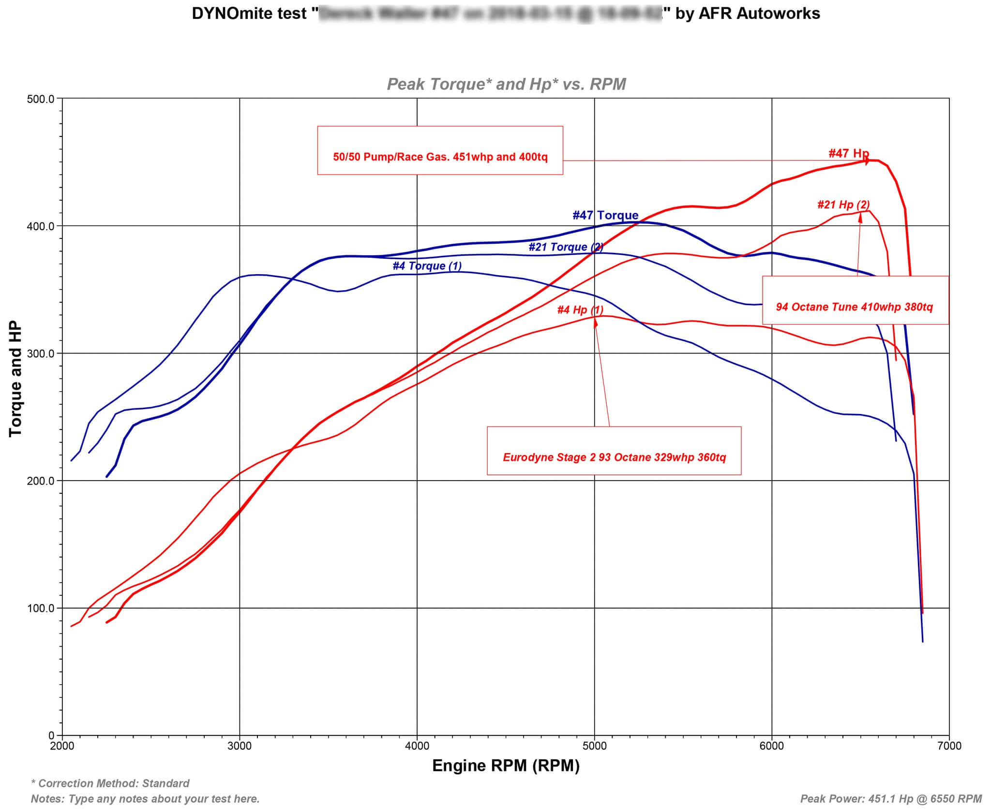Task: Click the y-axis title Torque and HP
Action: coord(15,379)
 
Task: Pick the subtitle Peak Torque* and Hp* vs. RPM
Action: coord(506,85)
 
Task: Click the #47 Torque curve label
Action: coord(605,215)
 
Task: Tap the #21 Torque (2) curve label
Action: coord(566,247)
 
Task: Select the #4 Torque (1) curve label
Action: coord(427,266)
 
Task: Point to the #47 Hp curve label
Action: coord(849,154)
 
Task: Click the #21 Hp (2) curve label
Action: coord(843,205)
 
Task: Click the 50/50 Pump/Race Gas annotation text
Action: coord(440,157)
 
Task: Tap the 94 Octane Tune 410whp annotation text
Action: coord(854,307)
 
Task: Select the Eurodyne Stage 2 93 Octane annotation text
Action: coord(614,457)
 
